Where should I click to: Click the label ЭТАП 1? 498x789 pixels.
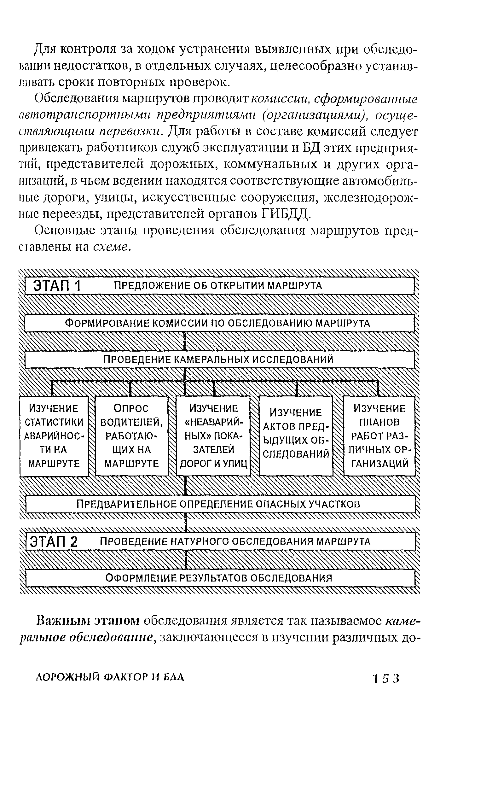57,286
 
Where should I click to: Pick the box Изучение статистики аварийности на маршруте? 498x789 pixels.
54,436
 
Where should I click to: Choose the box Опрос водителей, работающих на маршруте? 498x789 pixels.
132,436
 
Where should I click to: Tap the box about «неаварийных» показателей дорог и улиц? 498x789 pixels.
213,436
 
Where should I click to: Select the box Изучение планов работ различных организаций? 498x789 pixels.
379,436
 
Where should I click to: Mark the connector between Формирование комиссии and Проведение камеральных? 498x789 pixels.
185,342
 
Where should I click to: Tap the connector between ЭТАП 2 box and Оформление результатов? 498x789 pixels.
186,560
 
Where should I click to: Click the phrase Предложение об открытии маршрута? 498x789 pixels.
218,286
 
